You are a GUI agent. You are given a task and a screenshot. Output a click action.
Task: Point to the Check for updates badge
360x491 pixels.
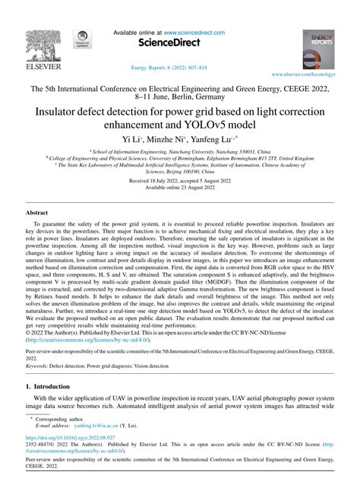point(81,40)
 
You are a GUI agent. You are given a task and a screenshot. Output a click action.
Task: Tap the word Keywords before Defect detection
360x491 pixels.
point(38,366)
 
